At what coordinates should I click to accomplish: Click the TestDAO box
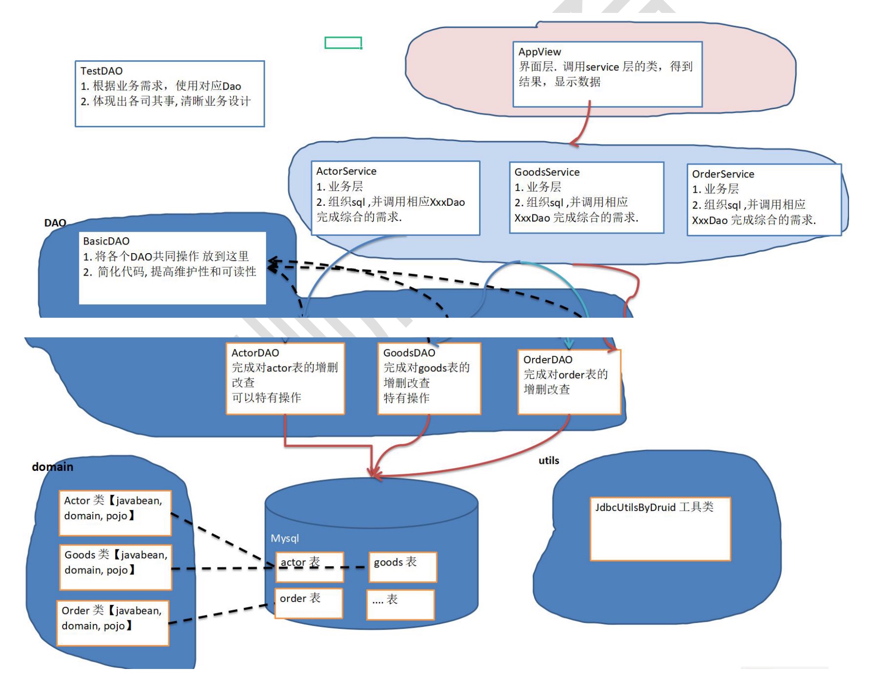point(169,94)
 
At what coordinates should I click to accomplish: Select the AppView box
point(607,74)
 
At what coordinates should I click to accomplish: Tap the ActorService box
point(395,198)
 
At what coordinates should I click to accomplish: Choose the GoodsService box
point(586,198)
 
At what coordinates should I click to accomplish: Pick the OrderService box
point(763,200)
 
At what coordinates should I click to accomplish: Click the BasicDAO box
point(172,268)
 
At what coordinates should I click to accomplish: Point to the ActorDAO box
point(285,378)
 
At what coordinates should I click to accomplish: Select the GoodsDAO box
point(429,378)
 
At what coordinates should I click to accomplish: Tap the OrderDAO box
point(569,381)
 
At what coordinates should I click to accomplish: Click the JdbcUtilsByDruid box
point(660,528)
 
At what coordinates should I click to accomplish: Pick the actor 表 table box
point(309,567)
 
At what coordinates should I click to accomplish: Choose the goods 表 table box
point(403,567)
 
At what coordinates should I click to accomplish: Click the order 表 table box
point(309,603)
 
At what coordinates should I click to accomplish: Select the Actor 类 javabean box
point(115,513)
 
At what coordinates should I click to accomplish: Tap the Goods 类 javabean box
point(115,567)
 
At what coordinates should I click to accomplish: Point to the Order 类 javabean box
point(113,623)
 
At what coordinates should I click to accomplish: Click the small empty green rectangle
point(343,43)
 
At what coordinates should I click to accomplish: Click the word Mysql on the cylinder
point(285,538)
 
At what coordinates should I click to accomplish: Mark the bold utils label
point(548,460)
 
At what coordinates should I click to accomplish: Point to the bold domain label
point(53,467)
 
